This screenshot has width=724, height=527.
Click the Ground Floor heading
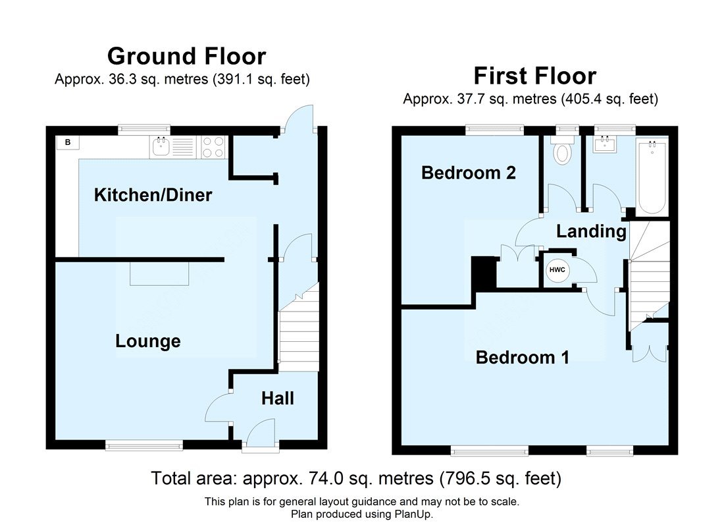(186, 56)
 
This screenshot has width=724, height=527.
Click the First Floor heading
(534, 76)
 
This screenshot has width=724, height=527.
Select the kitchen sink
(161, 146)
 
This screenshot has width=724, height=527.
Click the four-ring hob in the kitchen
(214, 146)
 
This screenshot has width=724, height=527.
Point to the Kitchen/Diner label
(153, 195)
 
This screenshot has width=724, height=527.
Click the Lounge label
(147, 341)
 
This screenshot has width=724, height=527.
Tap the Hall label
(278, 399)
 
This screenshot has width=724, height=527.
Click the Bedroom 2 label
(468, 173)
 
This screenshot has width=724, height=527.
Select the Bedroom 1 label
(522, 358)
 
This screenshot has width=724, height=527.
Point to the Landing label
(591, 231)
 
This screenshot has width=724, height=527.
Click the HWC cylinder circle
(557, 269)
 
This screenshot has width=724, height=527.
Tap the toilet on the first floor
(561, 152)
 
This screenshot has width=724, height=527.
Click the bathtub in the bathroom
(652, 177)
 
